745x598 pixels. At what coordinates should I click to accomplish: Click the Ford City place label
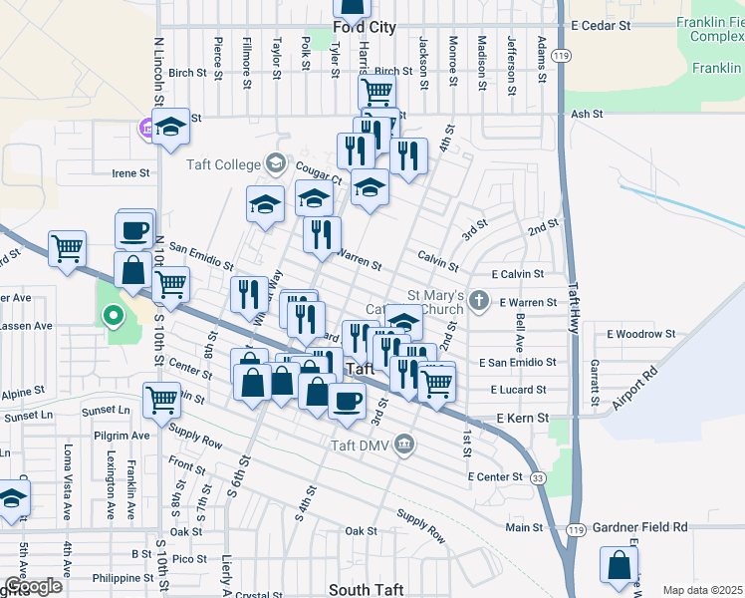[x=365, y=28]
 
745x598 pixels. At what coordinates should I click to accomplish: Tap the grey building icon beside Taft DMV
[x=403, y=444]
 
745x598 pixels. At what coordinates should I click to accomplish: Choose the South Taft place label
[x=366, y=590]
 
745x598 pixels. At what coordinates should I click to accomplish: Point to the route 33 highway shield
[x=539, y=479]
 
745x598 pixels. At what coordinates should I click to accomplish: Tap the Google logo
[x=33, y=586]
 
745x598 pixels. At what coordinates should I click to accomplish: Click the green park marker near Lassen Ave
[x=114, y=318]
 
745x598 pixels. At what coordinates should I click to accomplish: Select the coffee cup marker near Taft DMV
[x=347, y=401]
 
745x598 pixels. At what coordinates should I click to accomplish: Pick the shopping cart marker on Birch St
[x=375, y=91]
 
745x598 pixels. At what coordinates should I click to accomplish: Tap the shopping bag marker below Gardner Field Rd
[x=620, y=564]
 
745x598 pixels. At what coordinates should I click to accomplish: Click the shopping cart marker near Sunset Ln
[x=160, y=401]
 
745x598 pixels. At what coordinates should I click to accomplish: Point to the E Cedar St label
[x=602, y=24]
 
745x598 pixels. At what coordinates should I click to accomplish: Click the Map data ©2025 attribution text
[x=703, y=590]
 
